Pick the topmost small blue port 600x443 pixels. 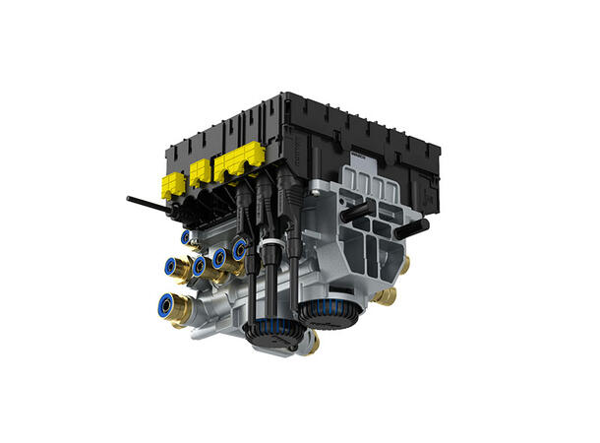pyautogui.click(x=186, y=237)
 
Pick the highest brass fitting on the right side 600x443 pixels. pyautogui.click(x=403, y=266)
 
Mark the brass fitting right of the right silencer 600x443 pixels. pyautogui.click(x=386, y=295)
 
